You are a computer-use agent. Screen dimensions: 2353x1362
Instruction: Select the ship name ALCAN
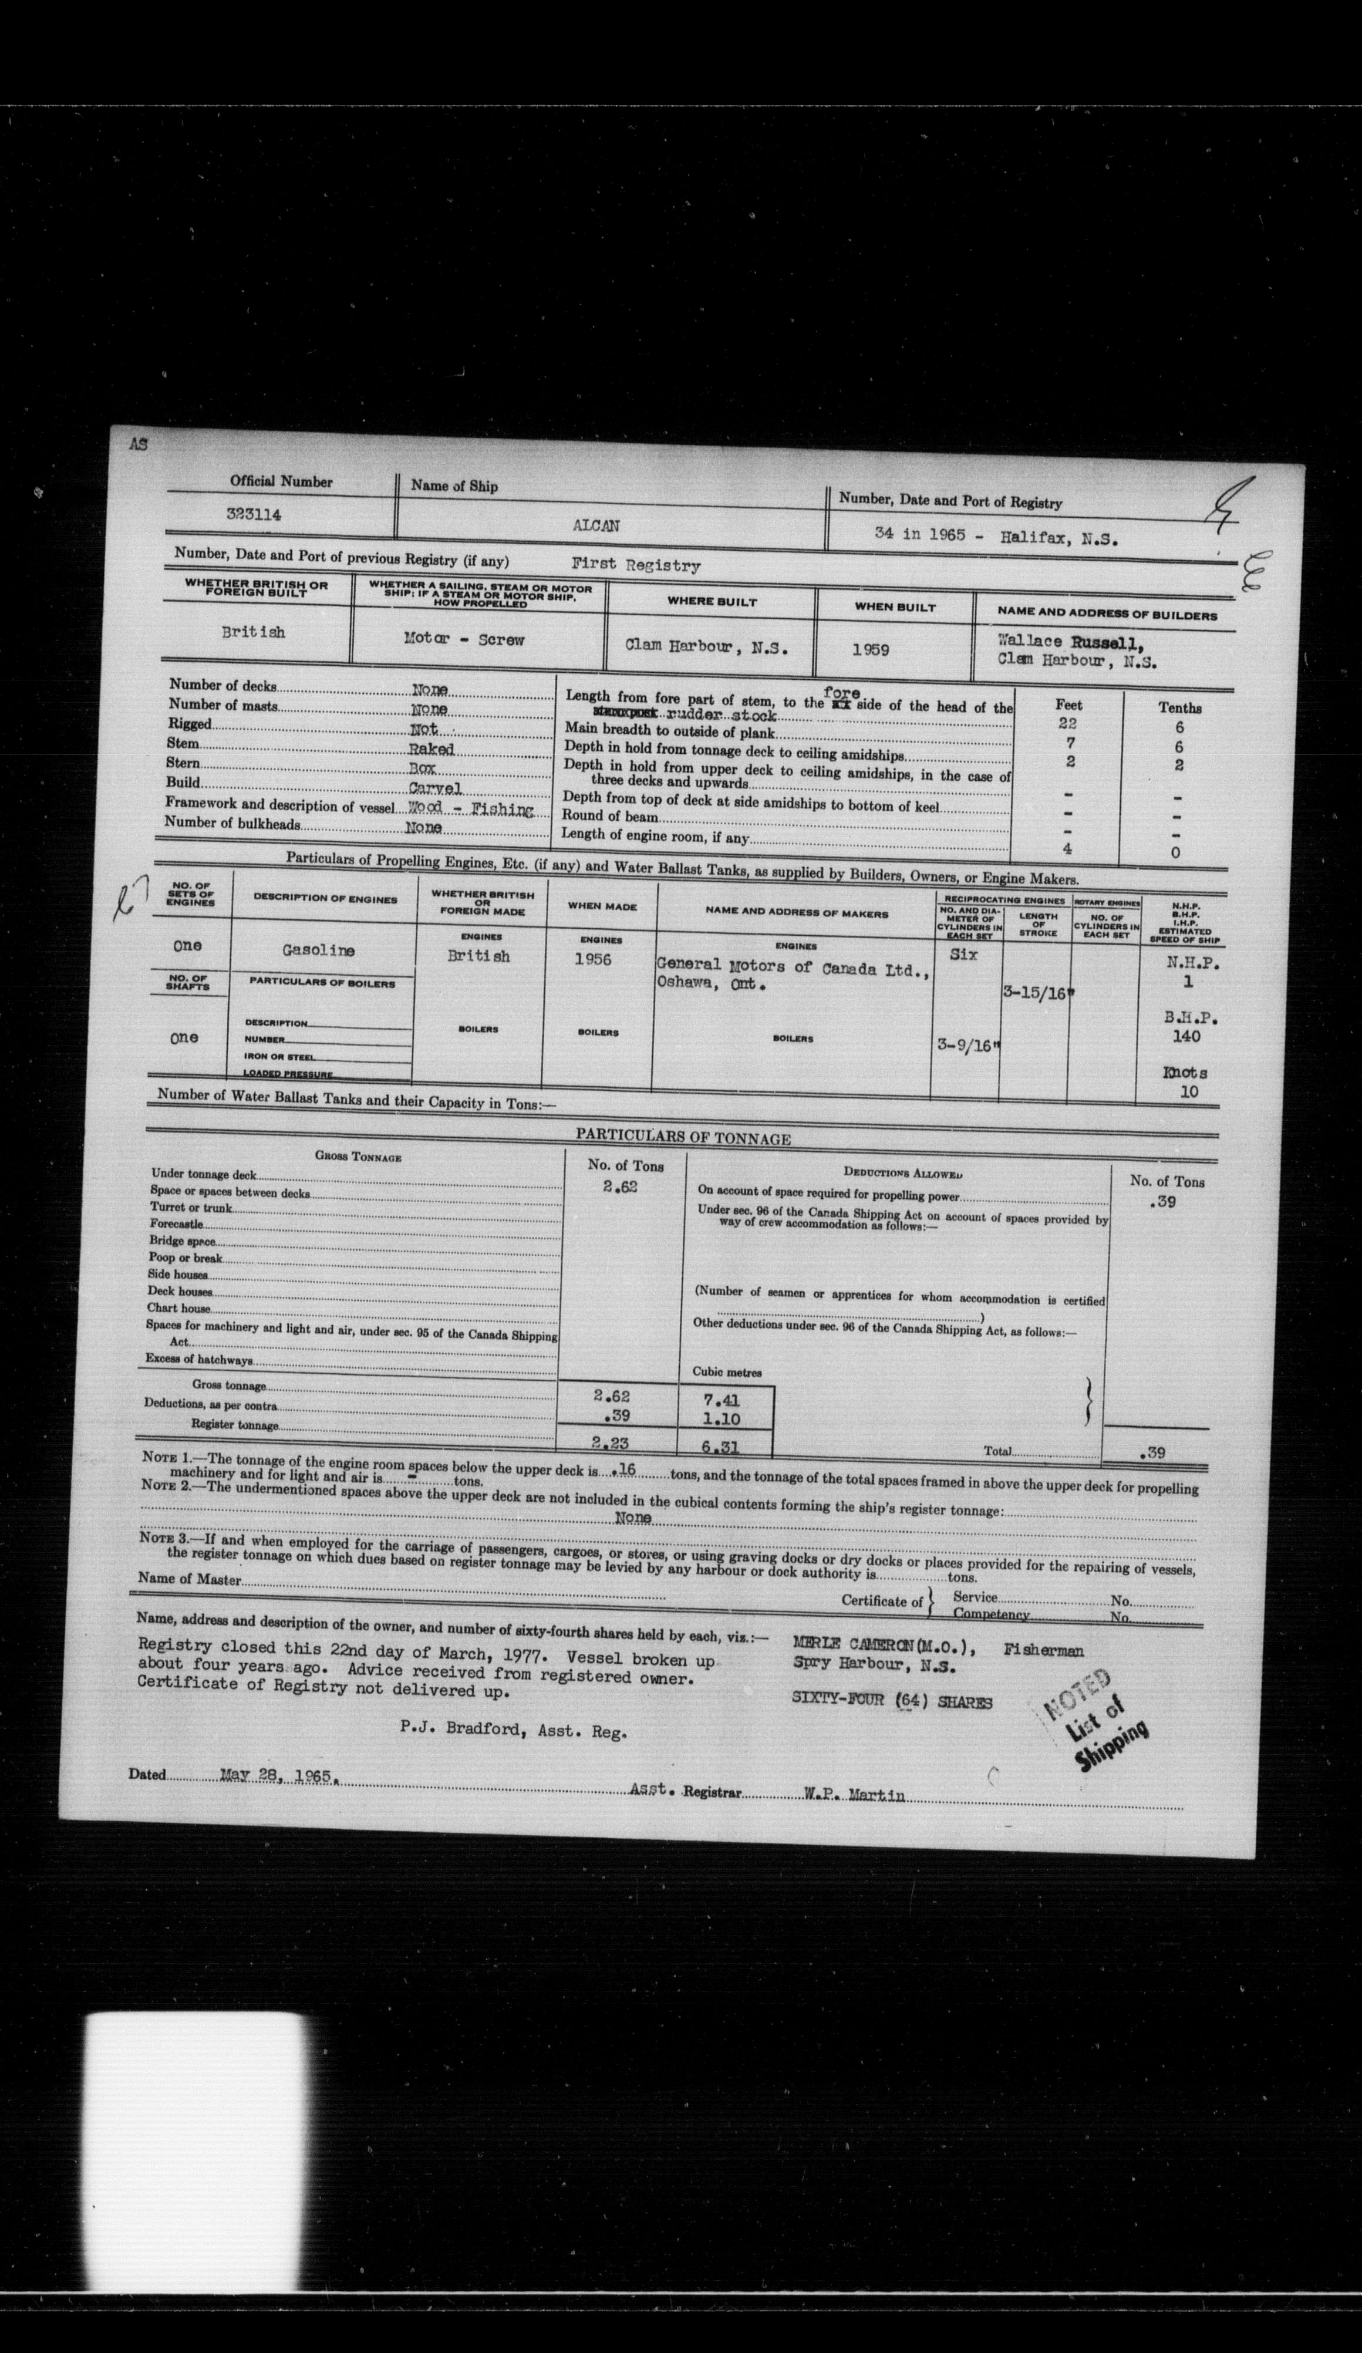coord(596,525)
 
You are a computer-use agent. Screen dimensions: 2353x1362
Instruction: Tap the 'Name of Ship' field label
coord(454,486)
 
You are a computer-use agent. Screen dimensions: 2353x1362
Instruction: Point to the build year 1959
coord(870,649)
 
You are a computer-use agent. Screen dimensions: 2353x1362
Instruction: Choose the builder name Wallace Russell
coord(1056,642)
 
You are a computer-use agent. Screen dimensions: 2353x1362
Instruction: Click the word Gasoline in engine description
coord(318,950)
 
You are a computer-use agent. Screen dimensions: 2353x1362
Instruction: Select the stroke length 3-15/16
coord(1033,993)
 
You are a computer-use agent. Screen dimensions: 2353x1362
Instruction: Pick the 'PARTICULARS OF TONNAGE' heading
coord(682,1138)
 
